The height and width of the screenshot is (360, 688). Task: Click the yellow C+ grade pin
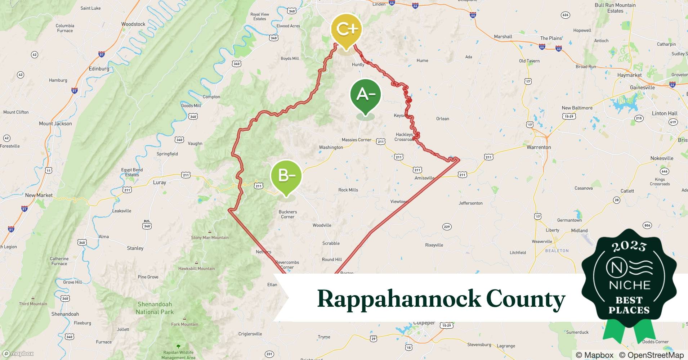pos(346,30)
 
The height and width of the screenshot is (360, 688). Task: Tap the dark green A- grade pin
pos(366,95)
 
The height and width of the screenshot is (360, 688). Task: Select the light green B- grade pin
pos(286,176)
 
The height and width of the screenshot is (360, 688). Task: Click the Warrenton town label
pos(539,147)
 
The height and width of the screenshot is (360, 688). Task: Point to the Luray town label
pos(159,183)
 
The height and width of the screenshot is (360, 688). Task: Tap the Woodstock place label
pos(133,24)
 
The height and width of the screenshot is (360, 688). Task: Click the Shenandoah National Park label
pos(155,308)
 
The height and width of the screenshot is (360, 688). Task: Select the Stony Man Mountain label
pos(210,238)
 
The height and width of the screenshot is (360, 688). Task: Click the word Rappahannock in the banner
pos(399,299)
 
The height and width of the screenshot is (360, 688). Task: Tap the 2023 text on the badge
pos(629,246)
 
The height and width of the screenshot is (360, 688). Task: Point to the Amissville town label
pos(424,178)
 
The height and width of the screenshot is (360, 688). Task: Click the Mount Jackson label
pos(55,123)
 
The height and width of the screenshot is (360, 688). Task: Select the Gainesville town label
pos(642,87)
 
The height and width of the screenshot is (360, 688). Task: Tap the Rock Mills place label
pos(348,190)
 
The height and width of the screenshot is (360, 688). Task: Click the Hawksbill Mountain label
pos(196,269)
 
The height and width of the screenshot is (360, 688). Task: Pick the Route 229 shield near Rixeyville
pos(447,227)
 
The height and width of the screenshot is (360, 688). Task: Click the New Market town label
pos(39,195)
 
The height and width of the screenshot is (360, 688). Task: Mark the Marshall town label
pos(503,37)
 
